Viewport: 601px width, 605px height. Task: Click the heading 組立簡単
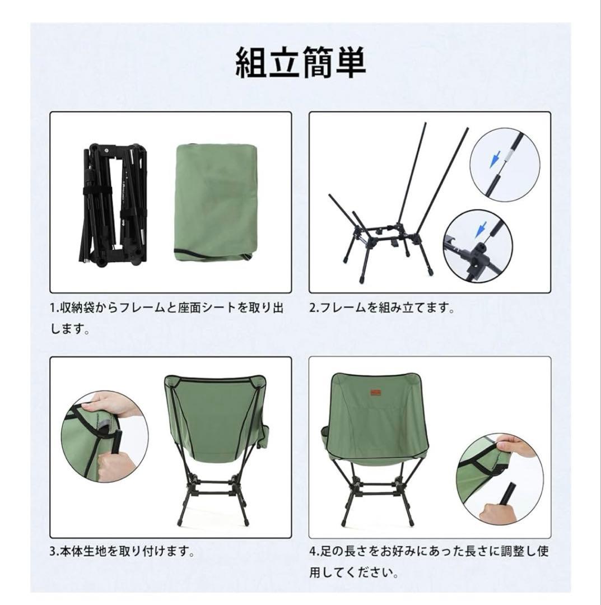pyautogui.click(x=300, y=63)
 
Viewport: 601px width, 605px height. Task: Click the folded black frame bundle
pyautogui.click(x=115, y=205)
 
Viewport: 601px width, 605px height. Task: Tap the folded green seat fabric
pyautogui.click(x=216, y=203)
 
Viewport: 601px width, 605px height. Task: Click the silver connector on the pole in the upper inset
pyautogui.click(x=509, y=156)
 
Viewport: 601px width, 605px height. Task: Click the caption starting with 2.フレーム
pyautogui.click(x=383, y=308)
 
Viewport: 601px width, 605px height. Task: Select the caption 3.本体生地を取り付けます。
pyautogui.click(x=122, y=551)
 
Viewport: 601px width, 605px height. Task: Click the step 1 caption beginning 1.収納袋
pyautogui.click(x=167, y=318)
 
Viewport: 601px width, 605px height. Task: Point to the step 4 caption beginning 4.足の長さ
pyautogui.click(x=429, y=561)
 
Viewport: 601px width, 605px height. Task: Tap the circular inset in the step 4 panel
pyautogui.click(x=500, y=479)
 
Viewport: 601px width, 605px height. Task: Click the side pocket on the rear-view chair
pyautogui.click(x=264, y=435)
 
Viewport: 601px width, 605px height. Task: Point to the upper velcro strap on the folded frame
pyautogui.click(x=96, y=192)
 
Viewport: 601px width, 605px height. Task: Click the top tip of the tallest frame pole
pyautogui.click(x=425, y=123)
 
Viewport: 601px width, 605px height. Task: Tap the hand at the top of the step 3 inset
pyautogui.click(x=109, y=404)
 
